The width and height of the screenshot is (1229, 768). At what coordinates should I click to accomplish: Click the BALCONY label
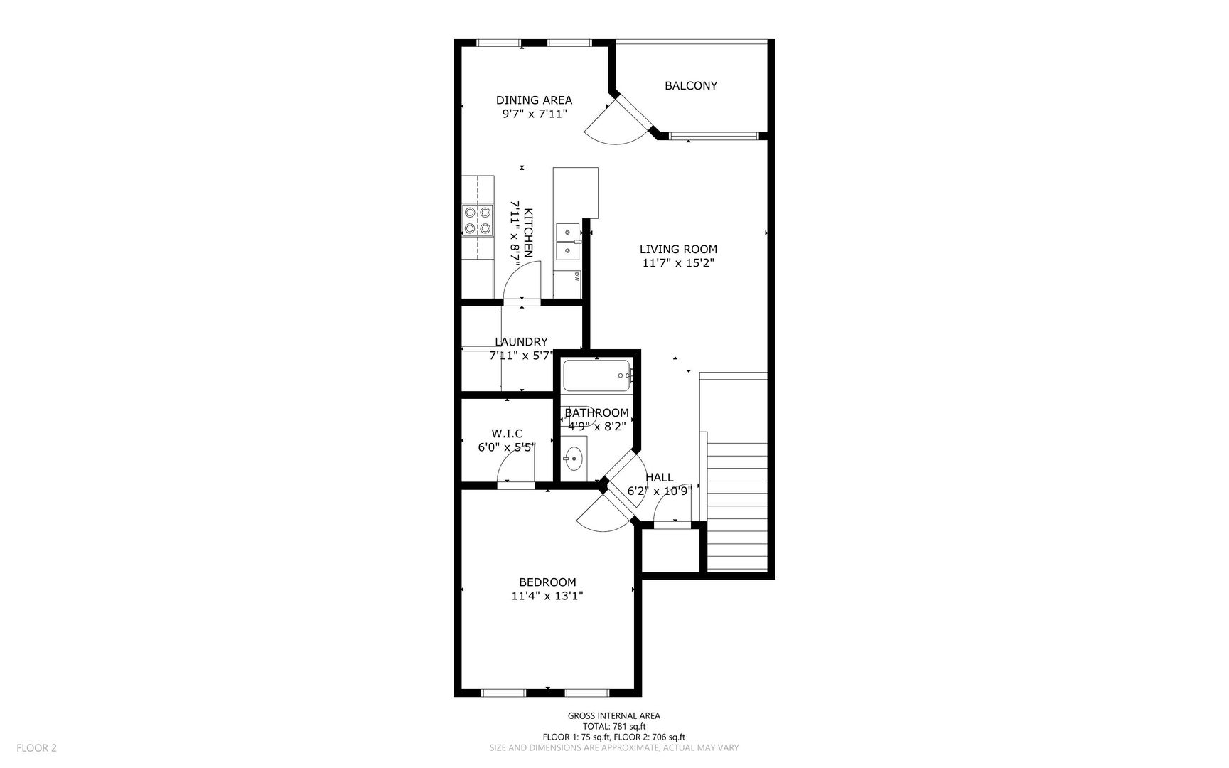pos(690,86)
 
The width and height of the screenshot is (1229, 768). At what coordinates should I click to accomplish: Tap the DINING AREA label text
pos(534,100)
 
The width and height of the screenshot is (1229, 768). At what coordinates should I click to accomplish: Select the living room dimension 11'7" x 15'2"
pos(678,263)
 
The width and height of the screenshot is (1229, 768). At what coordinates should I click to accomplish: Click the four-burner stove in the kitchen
pos(478,220)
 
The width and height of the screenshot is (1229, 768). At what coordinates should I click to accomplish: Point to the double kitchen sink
pos(569,241)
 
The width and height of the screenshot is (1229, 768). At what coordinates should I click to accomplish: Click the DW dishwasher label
pos(576,277)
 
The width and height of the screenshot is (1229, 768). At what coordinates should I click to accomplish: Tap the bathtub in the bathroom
pos(597,376)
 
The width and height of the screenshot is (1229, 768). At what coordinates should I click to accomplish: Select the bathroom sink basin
pos(574,459)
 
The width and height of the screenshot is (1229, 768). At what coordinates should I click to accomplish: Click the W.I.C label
pos(507,434)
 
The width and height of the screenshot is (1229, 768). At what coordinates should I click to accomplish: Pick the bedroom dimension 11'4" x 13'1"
pos(547,596)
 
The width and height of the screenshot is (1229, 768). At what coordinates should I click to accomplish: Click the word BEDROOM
pos(547,582)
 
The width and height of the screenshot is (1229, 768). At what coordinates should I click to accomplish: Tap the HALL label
pos(660,478)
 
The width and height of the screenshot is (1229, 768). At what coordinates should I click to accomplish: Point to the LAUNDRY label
pos(521,342)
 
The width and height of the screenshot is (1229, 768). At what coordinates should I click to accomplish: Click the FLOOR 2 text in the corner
pos(36,747)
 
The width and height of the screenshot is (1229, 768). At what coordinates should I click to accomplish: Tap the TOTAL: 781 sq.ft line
pos(614,727)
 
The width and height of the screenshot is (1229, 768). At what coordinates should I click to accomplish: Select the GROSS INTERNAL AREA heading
pos(614,716)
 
